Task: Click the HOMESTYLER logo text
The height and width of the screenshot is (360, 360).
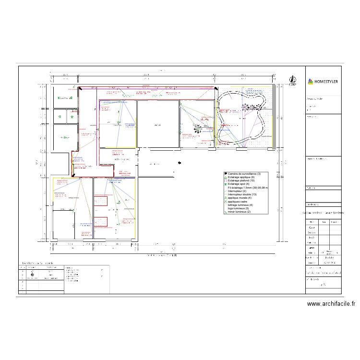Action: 326,82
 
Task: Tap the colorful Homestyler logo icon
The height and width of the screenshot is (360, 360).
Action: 310,82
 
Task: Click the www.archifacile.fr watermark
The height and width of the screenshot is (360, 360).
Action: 331,303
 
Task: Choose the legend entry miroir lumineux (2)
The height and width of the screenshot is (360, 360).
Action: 239,212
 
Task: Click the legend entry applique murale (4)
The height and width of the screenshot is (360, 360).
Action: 240,198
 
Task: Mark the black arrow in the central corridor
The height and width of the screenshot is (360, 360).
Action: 179,163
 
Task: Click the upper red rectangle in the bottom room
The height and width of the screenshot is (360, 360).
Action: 100,202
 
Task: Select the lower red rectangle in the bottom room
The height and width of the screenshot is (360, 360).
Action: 100,222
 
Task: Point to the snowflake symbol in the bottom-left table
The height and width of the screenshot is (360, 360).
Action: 32,276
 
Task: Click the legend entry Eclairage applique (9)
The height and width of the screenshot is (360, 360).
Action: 242,177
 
